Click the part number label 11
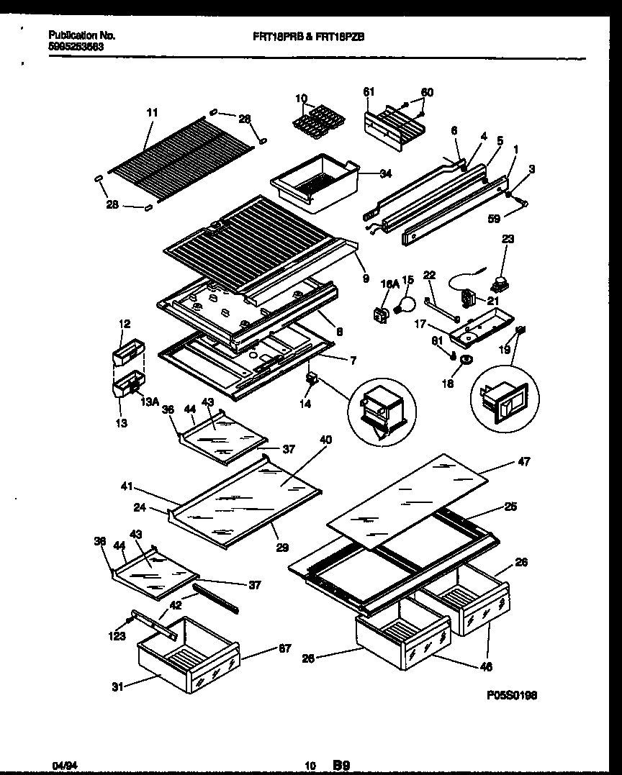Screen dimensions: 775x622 pos(151,113)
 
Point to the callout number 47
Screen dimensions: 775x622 pos(523,462)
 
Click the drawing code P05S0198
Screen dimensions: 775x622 pos(511,696)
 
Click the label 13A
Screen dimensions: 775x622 pos(150,402)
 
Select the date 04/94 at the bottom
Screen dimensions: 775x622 pos(61,766)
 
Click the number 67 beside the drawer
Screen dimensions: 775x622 pos(284,649)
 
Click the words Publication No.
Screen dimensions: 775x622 pos(81,35)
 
